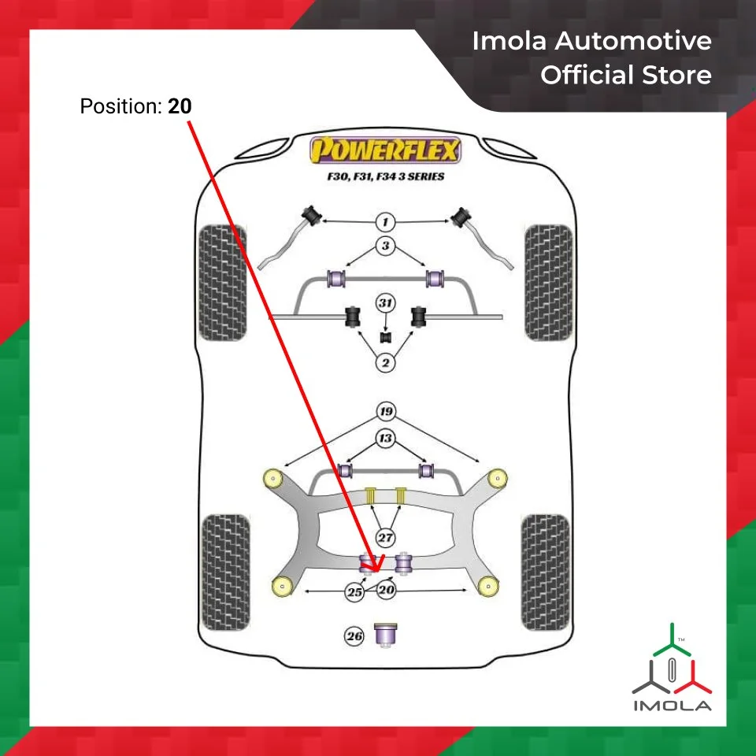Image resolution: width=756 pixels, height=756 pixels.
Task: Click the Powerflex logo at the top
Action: [x=385, y=150]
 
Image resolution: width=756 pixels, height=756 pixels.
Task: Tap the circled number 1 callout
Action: [x=385, y=222]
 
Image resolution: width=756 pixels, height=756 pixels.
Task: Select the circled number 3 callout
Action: [x=385, y=246]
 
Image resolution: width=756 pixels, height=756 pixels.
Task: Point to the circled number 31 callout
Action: [x=385, y=303]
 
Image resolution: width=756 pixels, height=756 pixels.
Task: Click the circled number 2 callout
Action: [x=385, y=362]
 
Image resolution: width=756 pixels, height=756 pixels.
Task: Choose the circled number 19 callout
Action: [x=385, y=411]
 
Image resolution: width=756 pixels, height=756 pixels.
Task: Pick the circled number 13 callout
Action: [x=385, y=438]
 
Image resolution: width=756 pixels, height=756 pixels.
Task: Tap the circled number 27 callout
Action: [x=385, y=539]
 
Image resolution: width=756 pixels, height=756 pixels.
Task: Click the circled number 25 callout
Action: [x=356, y=591]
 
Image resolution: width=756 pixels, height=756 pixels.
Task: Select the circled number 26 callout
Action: [x=354, y=636]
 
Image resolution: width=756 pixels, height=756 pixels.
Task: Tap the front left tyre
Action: [x=221, y=282]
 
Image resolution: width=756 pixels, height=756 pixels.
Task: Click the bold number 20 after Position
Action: [x=180, y=106]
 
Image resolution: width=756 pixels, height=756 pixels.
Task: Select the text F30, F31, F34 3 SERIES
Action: [x=386, y=176]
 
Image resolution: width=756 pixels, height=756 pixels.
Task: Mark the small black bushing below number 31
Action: [x=386, y=338]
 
